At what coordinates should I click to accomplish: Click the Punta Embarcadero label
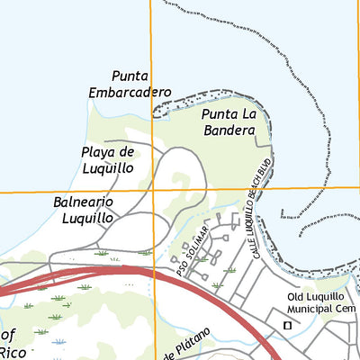[x=130, y=84]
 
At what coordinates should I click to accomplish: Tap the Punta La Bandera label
[x=236, y=122]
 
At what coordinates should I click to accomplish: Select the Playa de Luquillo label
[x=107, y=159]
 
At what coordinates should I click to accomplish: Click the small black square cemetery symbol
[x=287, y=325]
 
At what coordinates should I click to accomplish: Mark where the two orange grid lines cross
[x=151, y=190]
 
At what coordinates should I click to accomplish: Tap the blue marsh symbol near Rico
[x=58, y=342]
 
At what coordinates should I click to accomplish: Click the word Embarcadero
[x=130, y=92]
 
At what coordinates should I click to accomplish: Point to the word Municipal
[x=305, y=312]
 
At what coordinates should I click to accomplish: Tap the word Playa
[x=98, y=151]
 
